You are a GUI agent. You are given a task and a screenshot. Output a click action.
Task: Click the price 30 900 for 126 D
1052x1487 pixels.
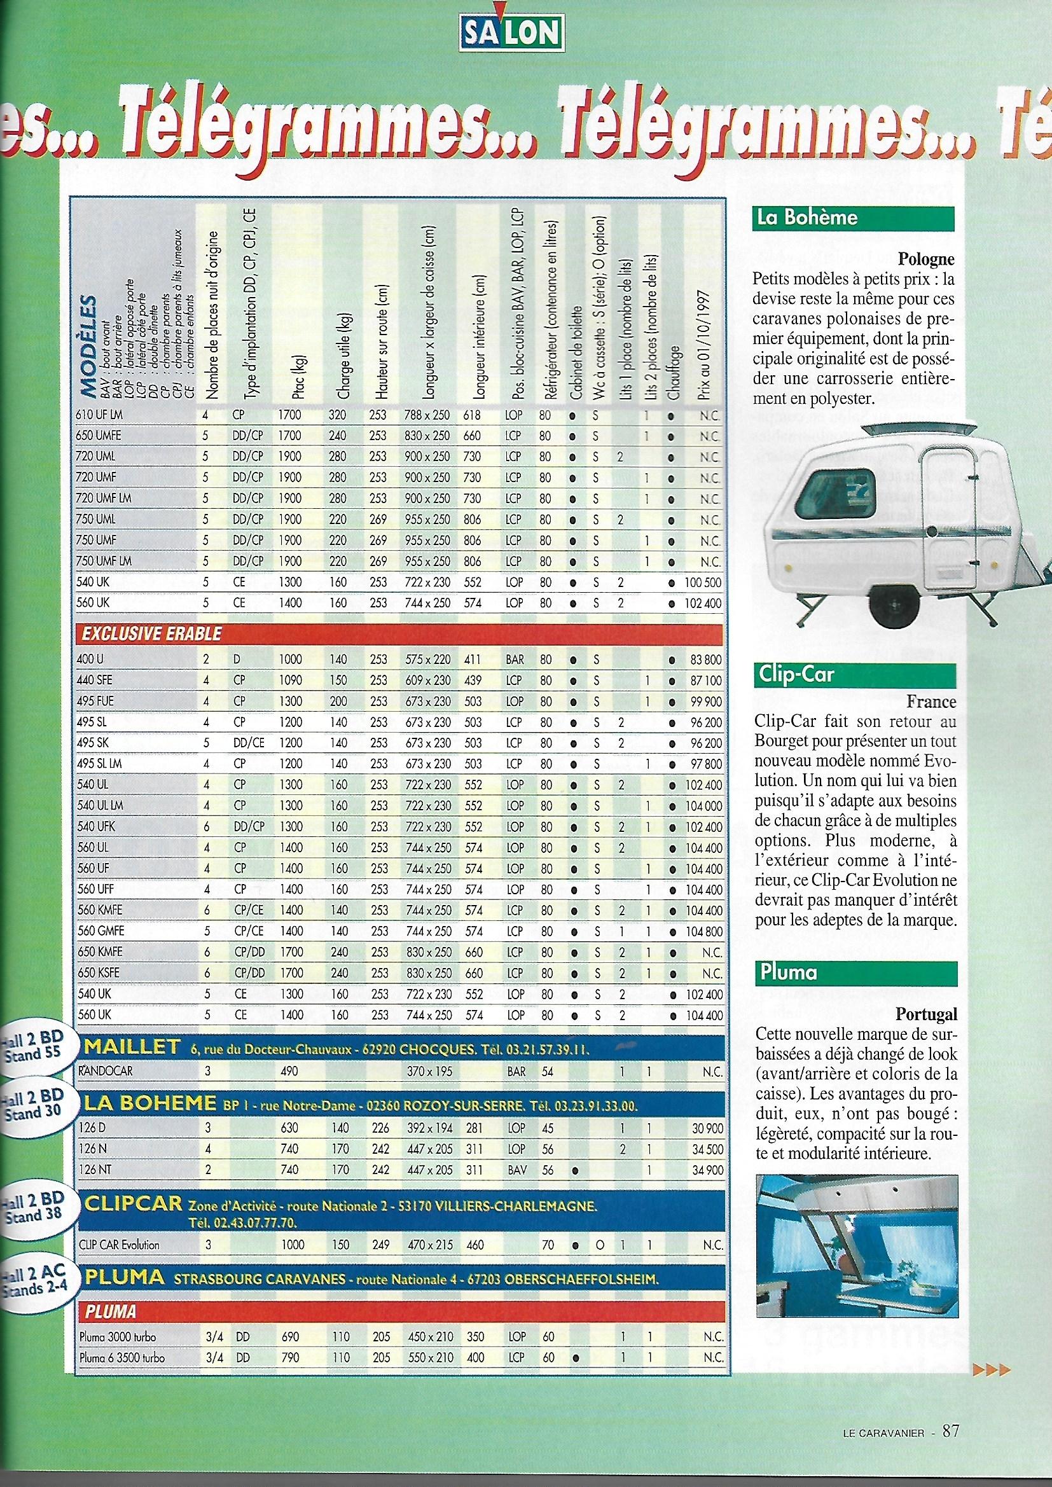click(706, 1128)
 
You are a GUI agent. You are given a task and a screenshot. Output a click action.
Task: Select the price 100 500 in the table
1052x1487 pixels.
click(703, 582)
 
